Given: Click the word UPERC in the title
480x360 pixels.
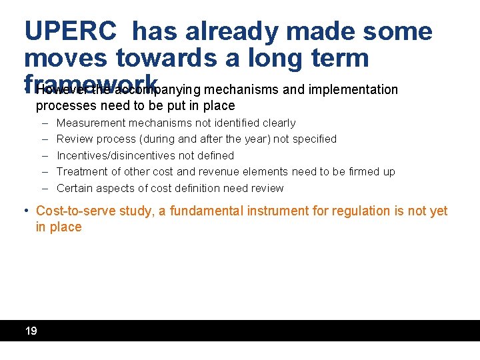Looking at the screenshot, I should (71, 31).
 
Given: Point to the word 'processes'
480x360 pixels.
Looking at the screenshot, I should (65, 106).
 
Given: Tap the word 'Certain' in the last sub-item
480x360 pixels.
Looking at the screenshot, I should (75, 188).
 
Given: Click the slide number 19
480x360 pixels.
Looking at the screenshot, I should (31, 331).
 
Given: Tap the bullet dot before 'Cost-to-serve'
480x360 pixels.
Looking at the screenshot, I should (27, 211).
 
